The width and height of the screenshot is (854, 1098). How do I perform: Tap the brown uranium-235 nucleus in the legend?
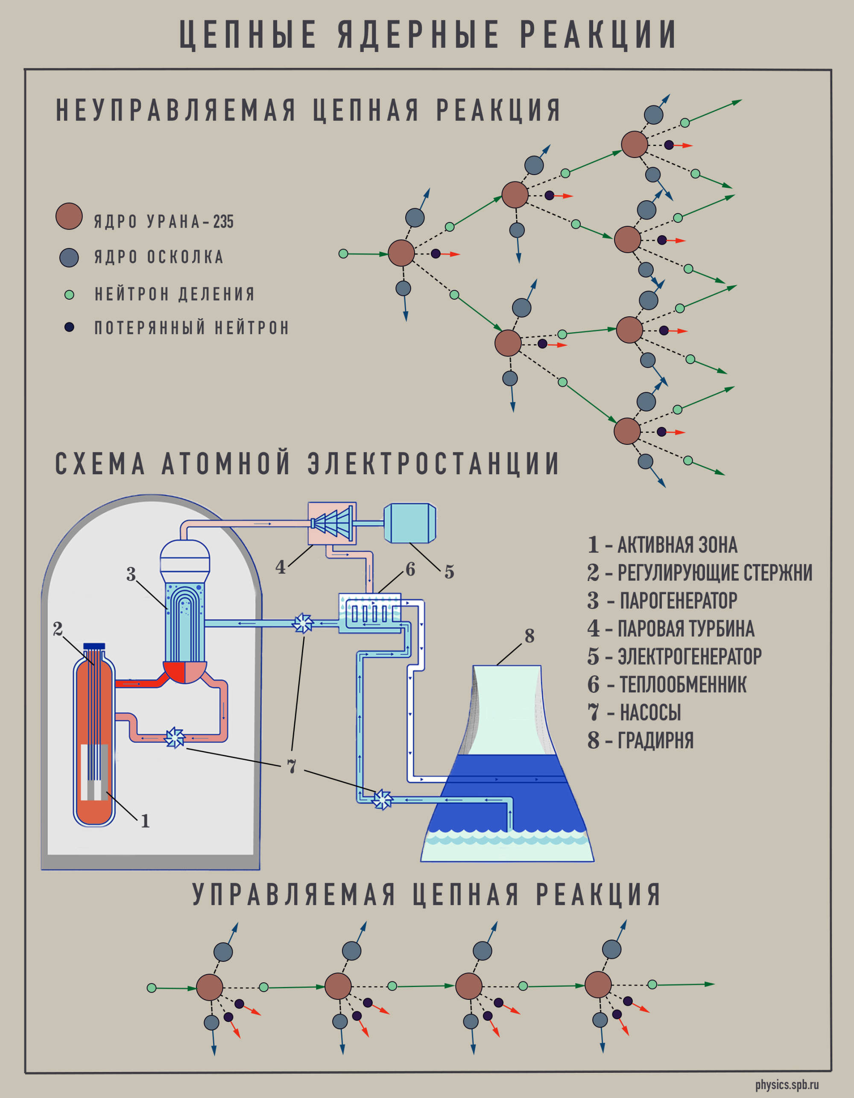69,217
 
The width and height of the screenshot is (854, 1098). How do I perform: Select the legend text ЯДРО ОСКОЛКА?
158,257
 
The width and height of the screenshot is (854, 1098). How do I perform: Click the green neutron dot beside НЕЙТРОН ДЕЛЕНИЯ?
70,295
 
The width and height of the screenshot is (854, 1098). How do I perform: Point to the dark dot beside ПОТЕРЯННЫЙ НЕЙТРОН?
70,327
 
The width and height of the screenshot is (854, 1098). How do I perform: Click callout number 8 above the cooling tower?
529,636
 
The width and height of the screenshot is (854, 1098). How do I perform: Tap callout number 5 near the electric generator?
449,572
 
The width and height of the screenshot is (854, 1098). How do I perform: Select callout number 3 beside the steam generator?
131,574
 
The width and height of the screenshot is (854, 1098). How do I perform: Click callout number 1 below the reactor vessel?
145,821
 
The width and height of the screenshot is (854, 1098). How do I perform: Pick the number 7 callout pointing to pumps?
291,766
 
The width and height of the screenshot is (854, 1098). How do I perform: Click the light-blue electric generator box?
409,523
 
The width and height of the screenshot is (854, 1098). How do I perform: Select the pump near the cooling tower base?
382,799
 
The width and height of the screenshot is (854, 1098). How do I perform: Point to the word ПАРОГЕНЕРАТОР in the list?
678,601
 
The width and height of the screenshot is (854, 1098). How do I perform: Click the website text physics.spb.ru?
787,1085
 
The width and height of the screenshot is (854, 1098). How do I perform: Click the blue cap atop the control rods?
94,646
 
